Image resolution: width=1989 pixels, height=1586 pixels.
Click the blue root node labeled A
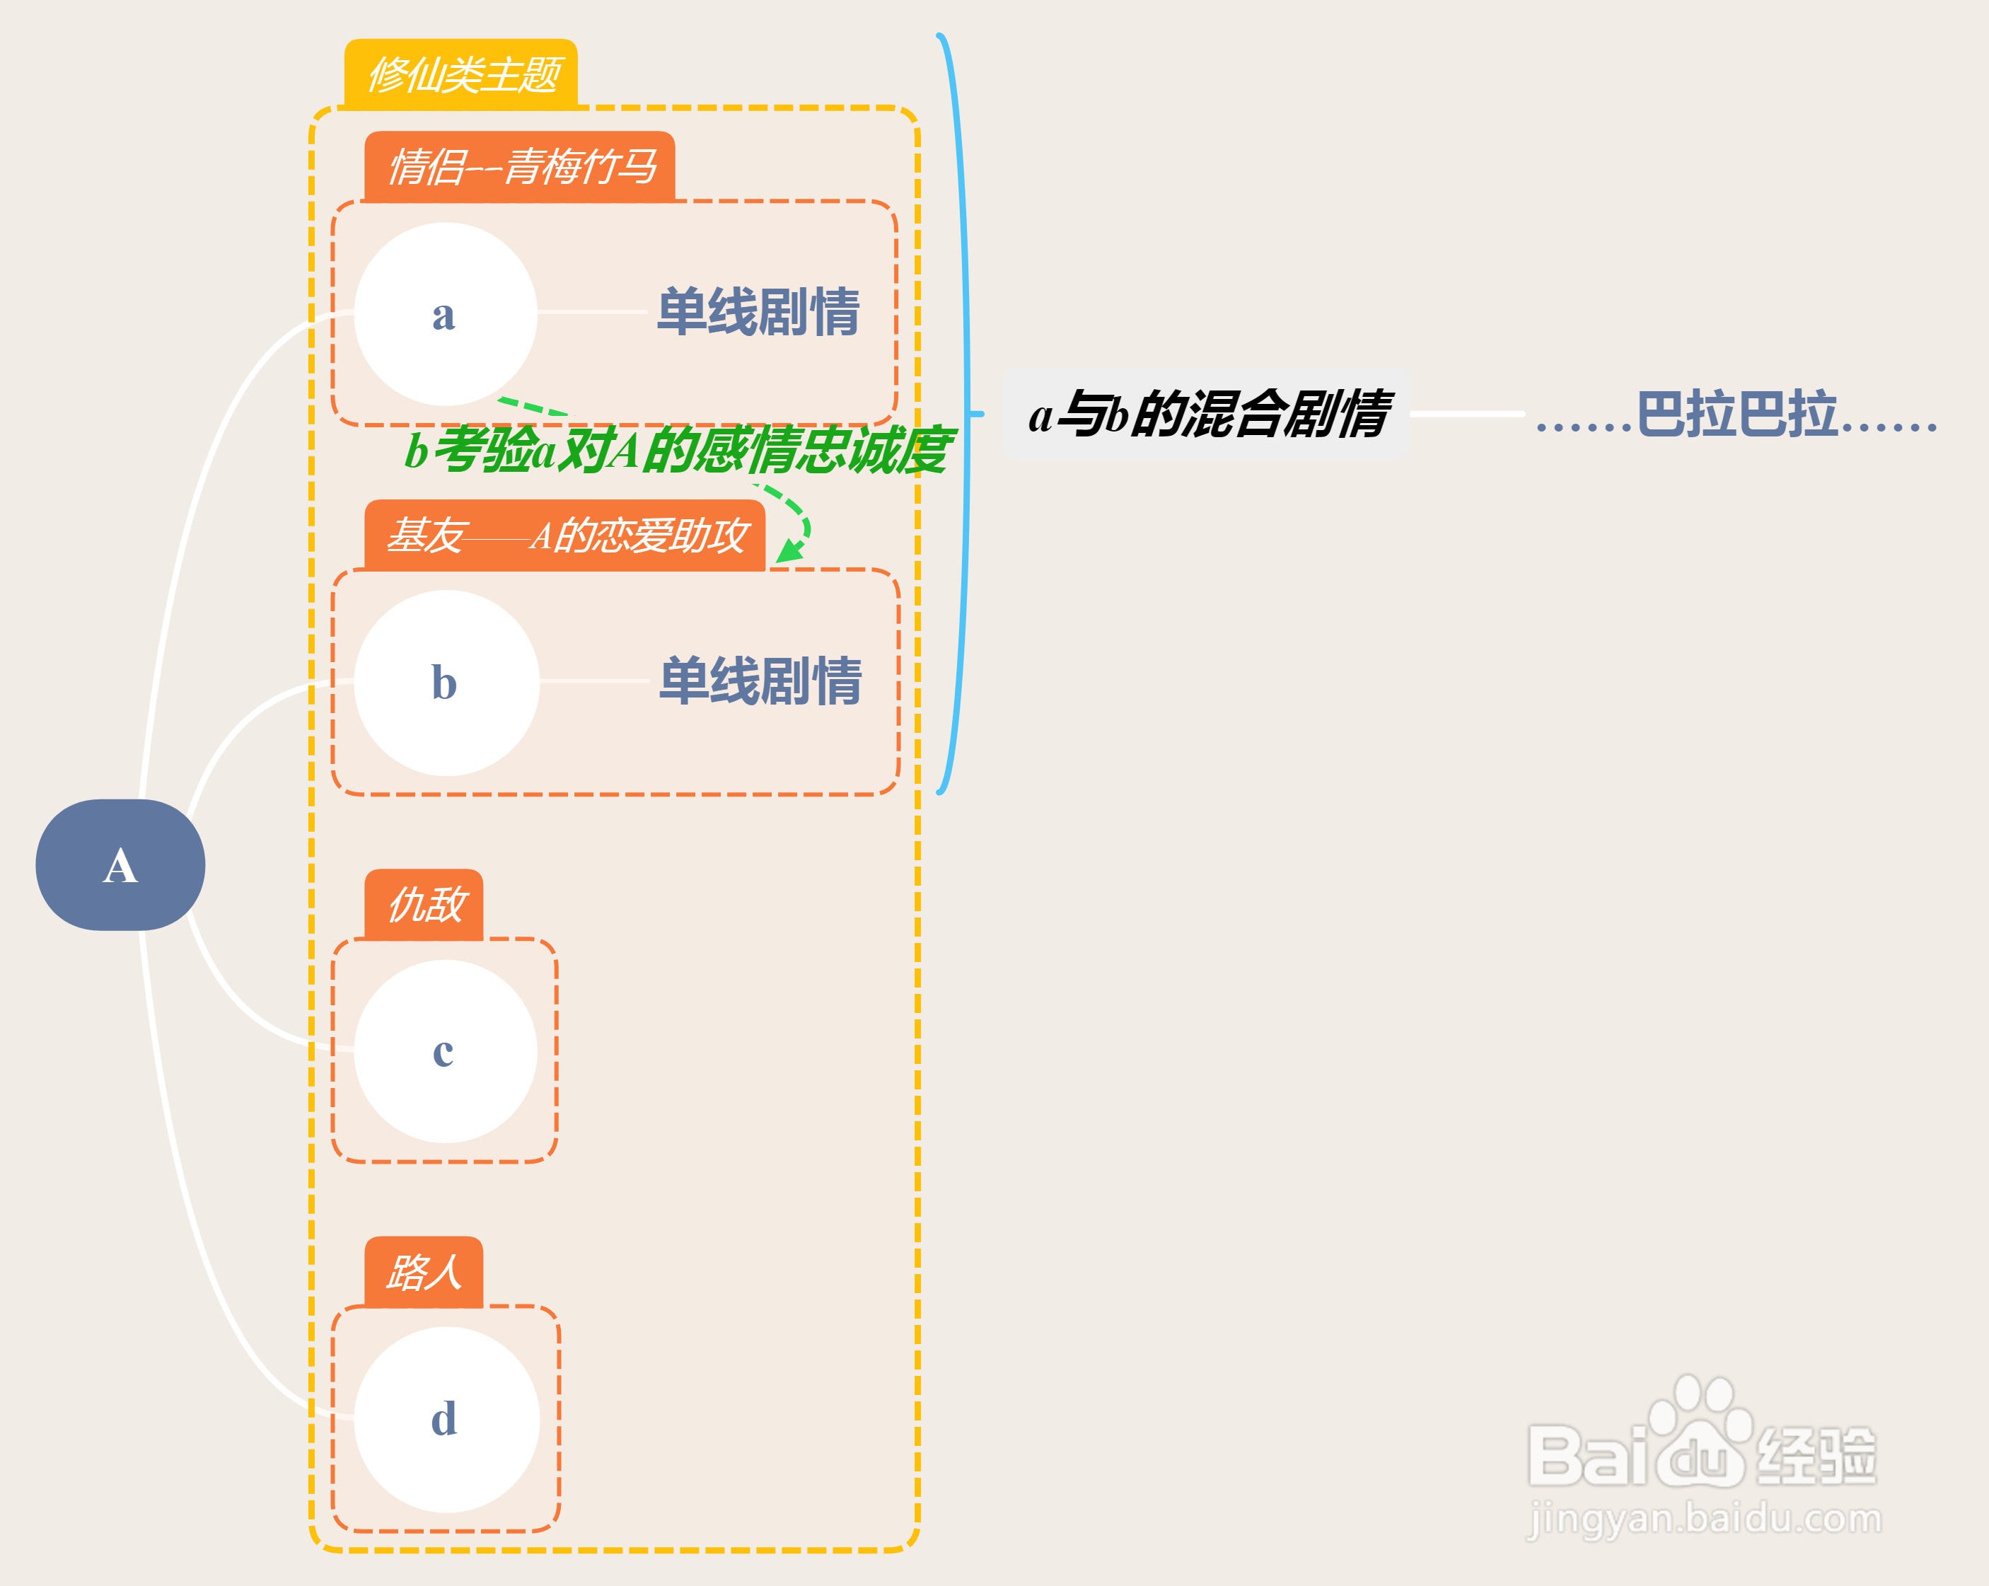pyautogui.click(x=120, y=864)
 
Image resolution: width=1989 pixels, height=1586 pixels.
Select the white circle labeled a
pyautogui.click(x=446, y=313)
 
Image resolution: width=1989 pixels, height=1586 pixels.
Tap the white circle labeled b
pyautogui.click(x=446, y=683)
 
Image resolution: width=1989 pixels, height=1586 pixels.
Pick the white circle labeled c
pyautogui.click(x=446, y=1051)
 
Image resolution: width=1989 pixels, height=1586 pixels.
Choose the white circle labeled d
pyautogui.click(x=446, y=1419)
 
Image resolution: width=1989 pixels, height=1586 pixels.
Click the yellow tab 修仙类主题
pyautogui.click(x=461, y=74)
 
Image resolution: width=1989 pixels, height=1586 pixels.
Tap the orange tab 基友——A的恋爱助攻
pyautogui.click(x=564, y=535)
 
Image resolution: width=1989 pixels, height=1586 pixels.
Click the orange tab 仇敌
pyautogui.click(x=424, y=904)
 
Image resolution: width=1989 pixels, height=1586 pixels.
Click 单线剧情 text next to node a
pyautogui.click(x=758, y=312)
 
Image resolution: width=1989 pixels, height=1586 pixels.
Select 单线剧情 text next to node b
pyautogui.click(x=760, y=681)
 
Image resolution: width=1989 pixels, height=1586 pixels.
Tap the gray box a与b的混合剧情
pyautogui.click(x=1206, y=415)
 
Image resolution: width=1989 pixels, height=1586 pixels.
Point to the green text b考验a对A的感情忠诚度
pyautogui.click(x=678, y=450)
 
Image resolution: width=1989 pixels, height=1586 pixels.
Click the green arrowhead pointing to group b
pyautogui.click(x=789, y=552)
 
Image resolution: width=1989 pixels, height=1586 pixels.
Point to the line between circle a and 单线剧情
pyautogui.click(x=591, y=313)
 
